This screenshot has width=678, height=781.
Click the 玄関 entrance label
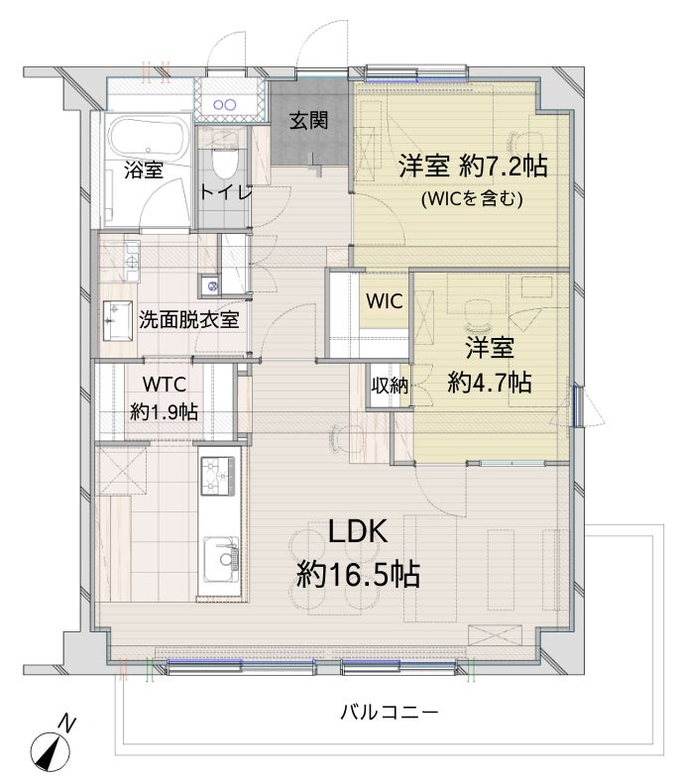point(309,121)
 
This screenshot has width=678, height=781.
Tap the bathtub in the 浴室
point(149,138)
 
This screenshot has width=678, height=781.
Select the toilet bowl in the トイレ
point(225,161)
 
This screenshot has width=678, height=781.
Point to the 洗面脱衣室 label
point(188,319)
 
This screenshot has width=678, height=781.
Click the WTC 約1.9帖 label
point(164,398)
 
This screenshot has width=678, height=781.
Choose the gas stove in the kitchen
point(218,476)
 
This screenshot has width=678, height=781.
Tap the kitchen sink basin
point(221,559)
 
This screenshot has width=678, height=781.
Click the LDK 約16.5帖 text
point(358,553)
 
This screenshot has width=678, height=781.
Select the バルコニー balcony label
point(390,712)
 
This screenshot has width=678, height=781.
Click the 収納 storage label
point(390,385)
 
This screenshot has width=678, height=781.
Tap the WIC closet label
point(384,301)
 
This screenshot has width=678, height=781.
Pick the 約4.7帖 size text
point(490,383)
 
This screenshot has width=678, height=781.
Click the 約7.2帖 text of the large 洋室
point(504,166)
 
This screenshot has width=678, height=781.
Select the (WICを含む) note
point(472,199)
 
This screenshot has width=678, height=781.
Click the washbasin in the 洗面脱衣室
point(118,320)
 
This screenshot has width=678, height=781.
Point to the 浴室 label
point(144,170)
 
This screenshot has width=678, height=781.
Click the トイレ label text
point(226,191)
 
